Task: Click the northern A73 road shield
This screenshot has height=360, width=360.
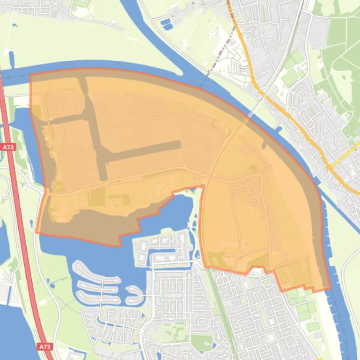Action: [7, 147]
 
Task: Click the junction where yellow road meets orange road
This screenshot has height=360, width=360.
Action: [331, 166]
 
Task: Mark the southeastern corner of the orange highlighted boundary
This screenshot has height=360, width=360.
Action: [329, 289]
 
